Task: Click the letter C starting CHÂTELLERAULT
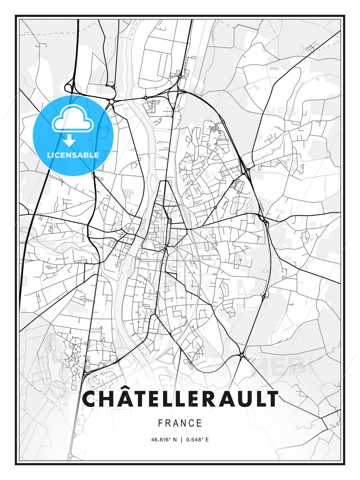click(x=90, y=399)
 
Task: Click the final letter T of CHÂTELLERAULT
click(x=271, y=399)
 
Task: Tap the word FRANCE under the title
click(x=180, y=423)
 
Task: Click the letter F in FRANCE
click(x=161, y=423)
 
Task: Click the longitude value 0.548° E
click(x=197, y=440)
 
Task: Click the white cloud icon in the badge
click(x=73, y=119)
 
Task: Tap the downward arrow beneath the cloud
click(x=69, y=140)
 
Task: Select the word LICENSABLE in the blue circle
click(x=73, y=155)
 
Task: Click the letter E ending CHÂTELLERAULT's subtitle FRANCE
click(x=199, y=423)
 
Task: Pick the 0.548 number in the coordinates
click(x=193, y=440)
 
